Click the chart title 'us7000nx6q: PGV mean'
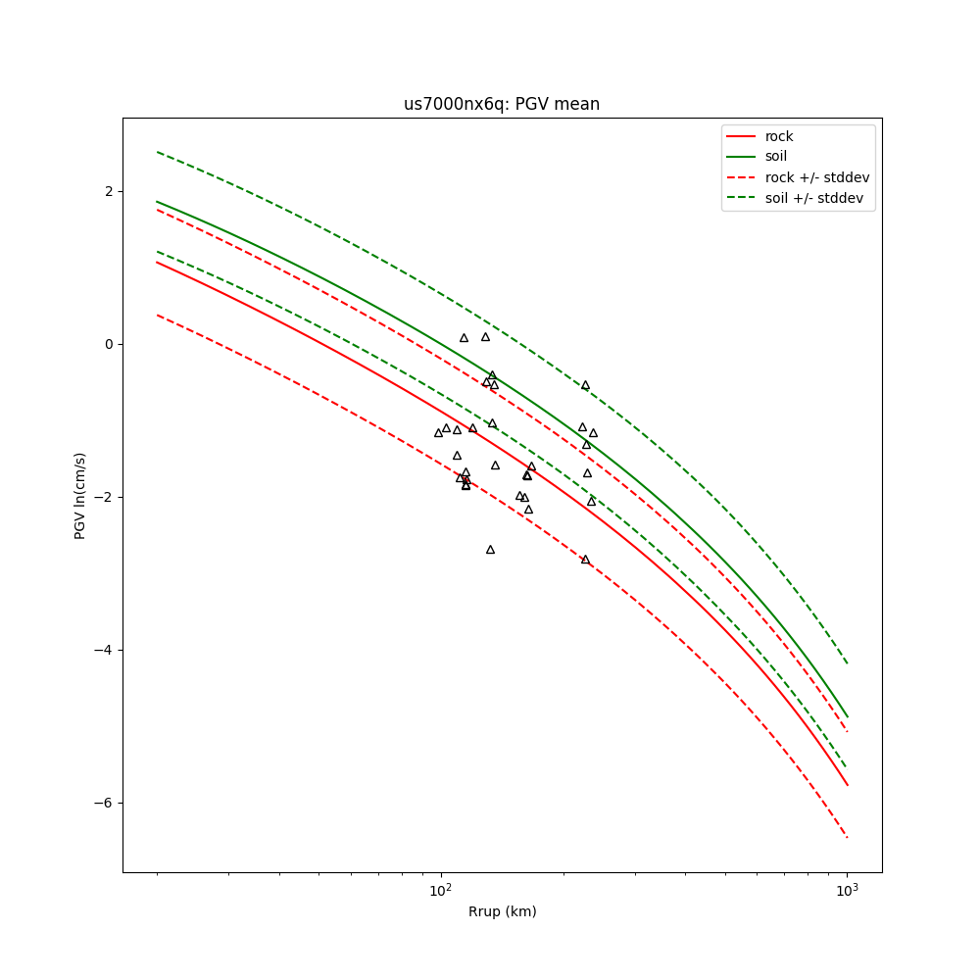click(502, 104)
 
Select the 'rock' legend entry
click(779, 136)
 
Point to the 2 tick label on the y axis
click(107, 191)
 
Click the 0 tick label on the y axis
click(107, 344)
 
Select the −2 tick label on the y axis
click(103, 497)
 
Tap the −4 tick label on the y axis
click(103, 650)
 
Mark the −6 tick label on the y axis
click(103, 803)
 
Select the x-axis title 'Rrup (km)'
click(502, 911)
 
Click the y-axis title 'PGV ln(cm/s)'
click(80, 496)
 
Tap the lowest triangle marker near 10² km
click(490, 550)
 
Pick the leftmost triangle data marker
click(438, 432)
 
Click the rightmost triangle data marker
click(593, 433)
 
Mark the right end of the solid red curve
click(847, 784)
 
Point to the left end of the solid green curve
click(157, 202)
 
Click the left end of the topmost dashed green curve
click(157, 152)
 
